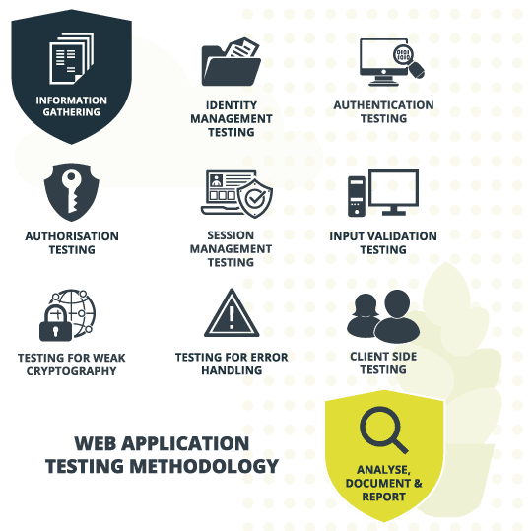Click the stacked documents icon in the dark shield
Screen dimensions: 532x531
[71, 58]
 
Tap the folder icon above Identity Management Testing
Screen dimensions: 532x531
[232, 62]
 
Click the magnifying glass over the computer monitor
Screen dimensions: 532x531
[408, 61]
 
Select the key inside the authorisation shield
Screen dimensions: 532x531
[72, 191]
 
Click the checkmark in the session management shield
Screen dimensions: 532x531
[255, 199]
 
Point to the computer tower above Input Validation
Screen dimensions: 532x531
[357, 196]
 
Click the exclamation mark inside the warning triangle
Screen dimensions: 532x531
[232, 317]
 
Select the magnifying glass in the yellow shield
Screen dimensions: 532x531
[384, 431]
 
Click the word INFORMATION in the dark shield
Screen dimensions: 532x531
[72, 100]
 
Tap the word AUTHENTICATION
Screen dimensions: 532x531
[384, 105]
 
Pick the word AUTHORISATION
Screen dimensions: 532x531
[72, 236]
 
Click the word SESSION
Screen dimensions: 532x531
[231, 235]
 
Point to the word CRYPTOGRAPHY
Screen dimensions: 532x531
[72, 371]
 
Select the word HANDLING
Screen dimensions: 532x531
[232, 370]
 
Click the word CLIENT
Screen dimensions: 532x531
[367, 357]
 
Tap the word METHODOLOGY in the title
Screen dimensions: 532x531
[205, 466]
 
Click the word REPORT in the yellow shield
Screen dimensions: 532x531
[384, 497]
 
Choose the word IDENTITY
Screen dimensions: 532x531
[232, 105]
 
